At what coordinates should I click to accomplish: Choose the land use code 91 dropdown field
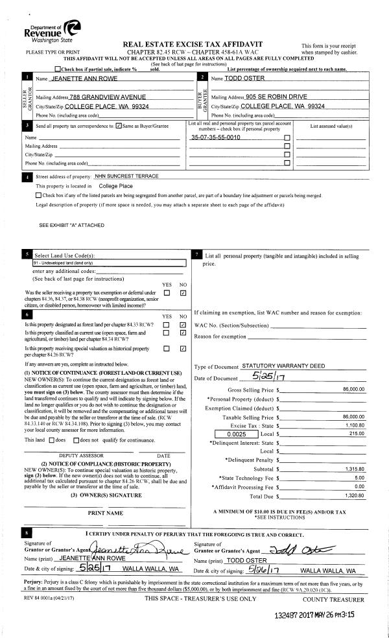click(109, 263)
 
